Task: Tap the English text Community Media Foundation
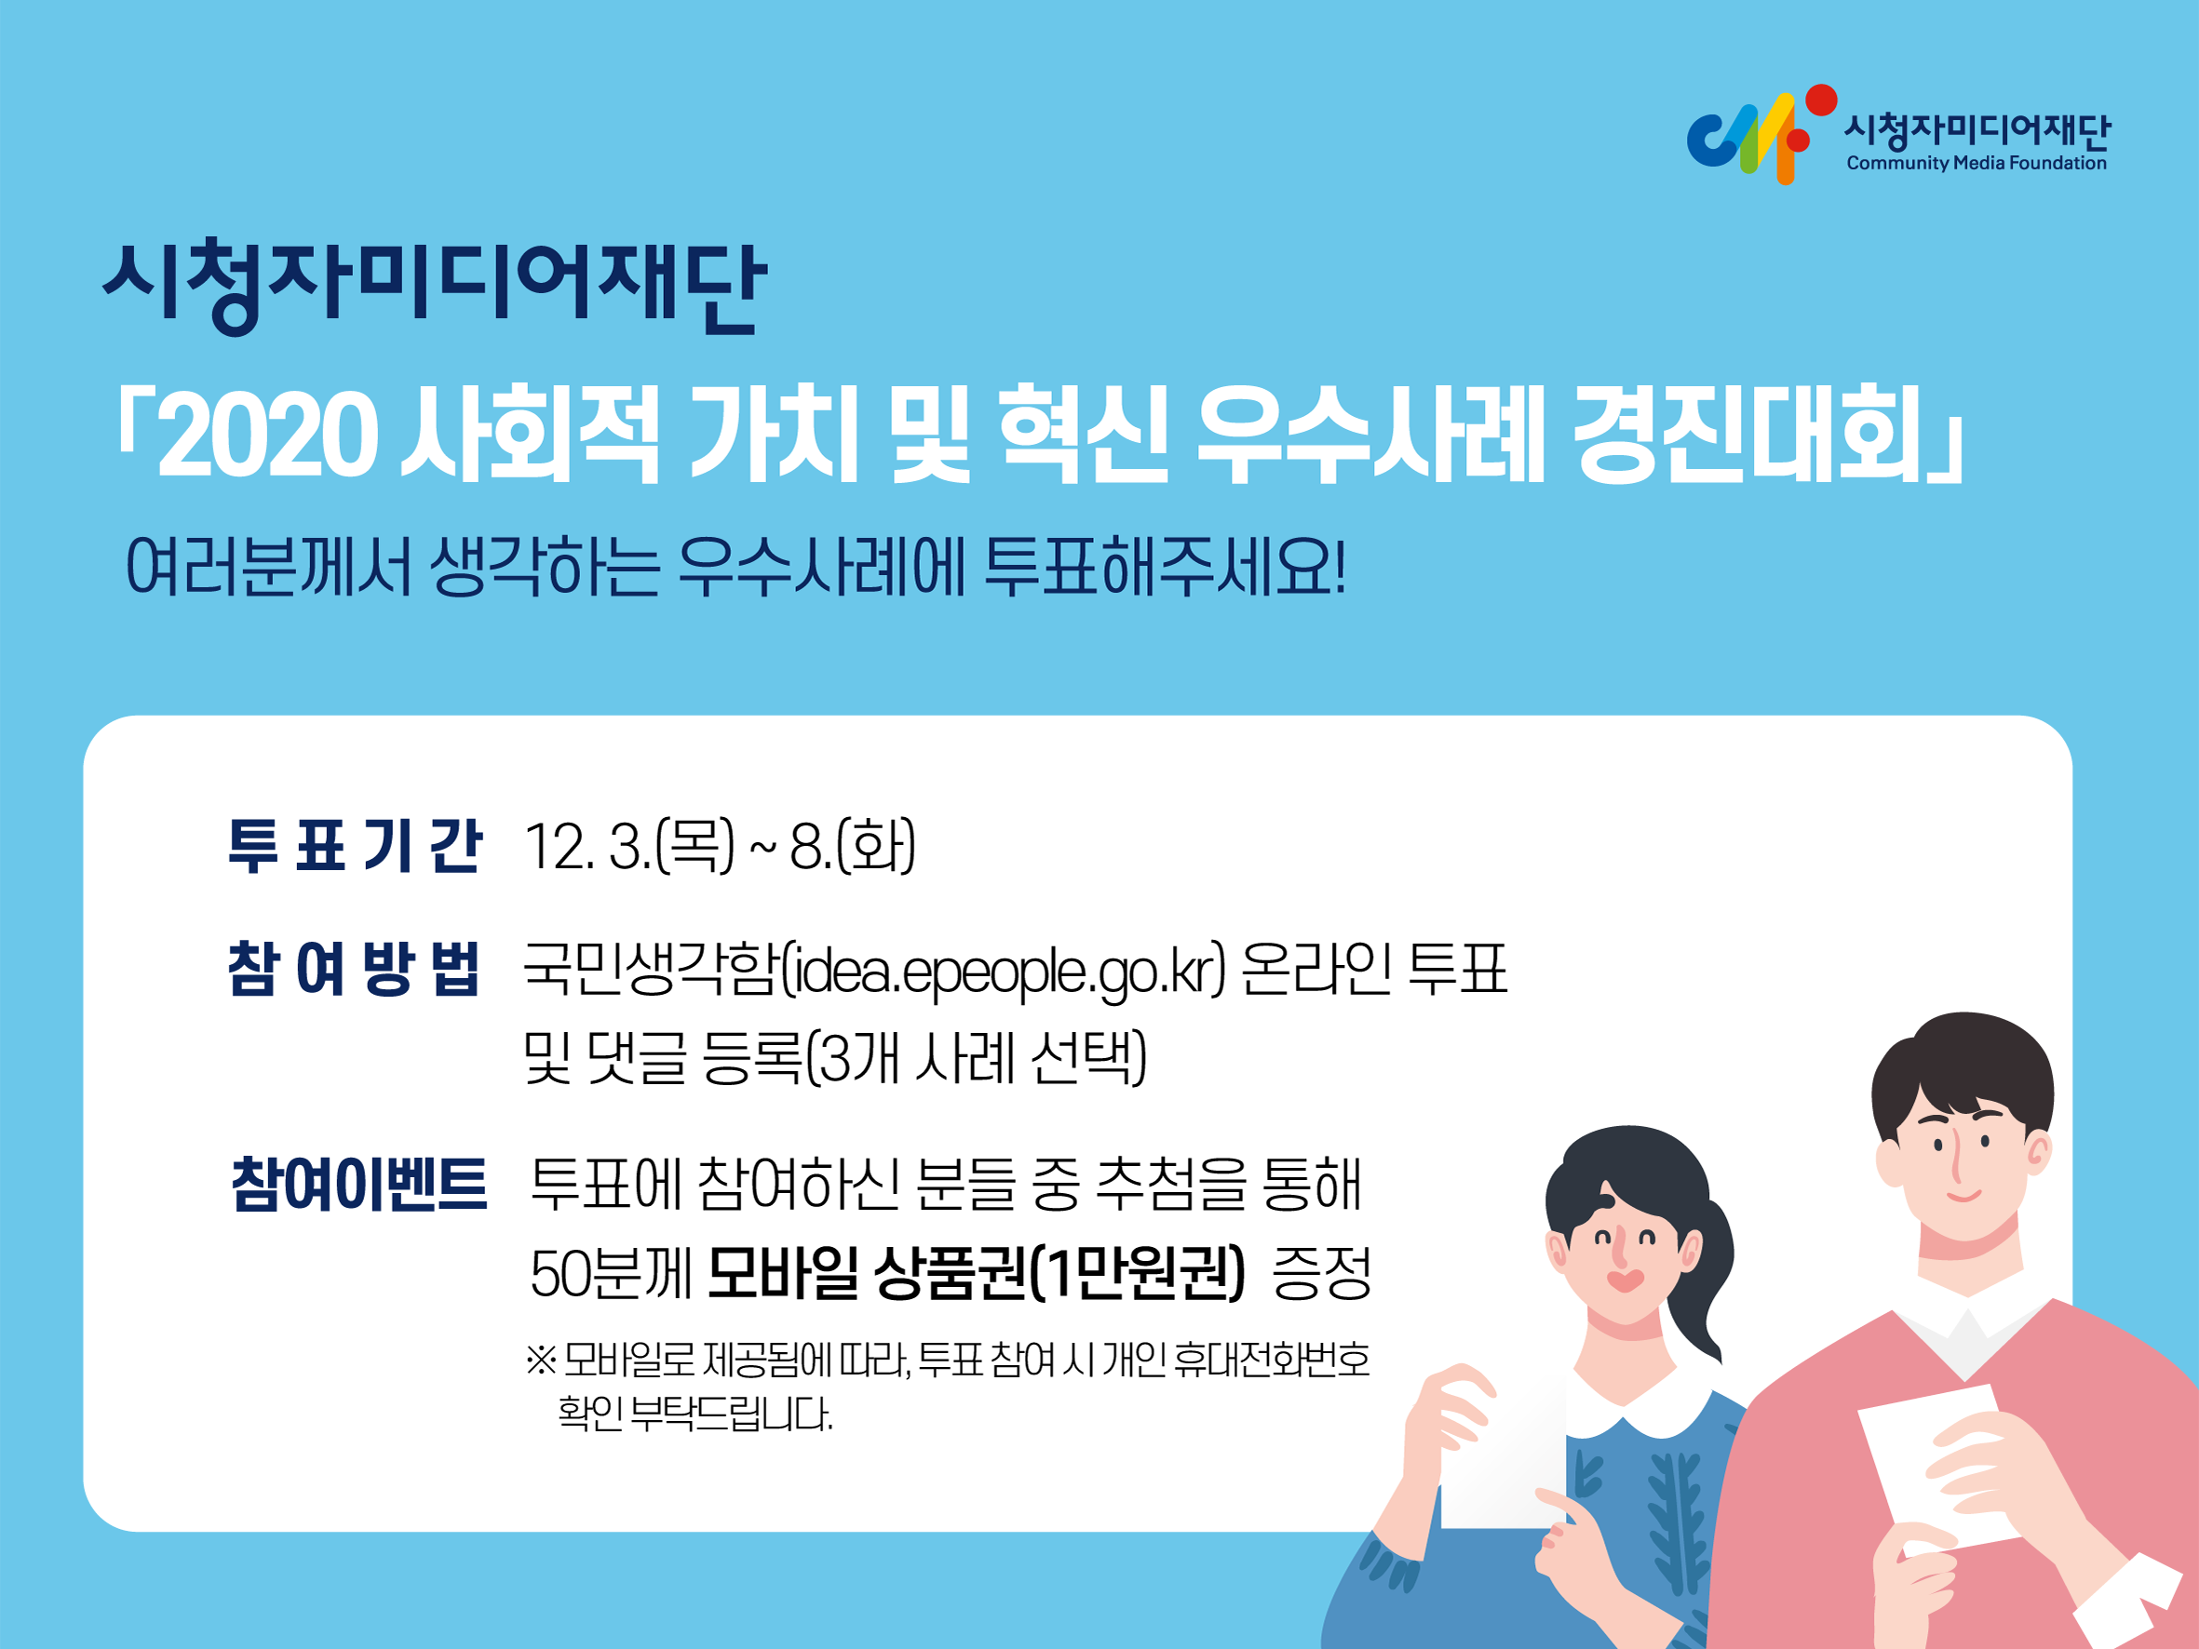pos(1976,163)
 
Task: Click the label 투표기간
pos(355,846)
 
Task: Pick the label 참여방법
pos(355,967)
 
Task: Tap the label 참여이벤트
pos(358,1184)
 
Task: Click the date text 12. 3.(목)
pos(629,847)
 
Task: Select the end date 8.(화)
pos(853,847)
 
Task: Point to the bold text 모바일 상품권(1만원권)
pos(977,1272)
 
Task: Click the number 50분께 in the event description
pos(611,1273)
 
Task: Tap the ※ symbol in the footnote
pos(541,1360)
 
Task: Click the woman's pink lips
pos(1626,1280)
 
